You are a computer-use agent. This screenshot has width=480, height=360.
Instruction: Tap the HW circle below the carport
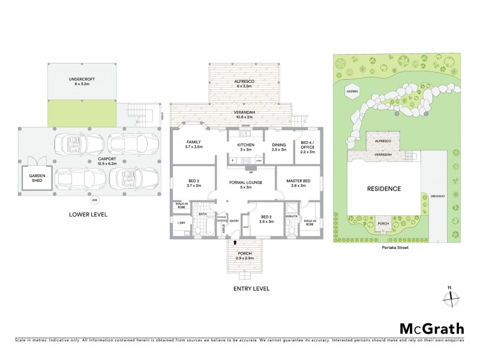tap(95, 200)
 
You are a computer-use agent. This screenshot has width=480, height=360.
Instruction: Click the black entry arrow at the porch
tap(235, 242)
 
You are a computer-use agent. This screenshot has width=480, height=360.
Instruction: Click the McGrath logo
tap(431, 328)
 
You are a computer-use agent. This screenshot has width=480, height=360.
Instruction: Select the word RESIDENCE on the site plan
tap(383, 188)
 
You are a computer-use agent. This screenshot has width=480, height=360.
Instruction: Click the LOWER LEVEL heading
tap(88, 214)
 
